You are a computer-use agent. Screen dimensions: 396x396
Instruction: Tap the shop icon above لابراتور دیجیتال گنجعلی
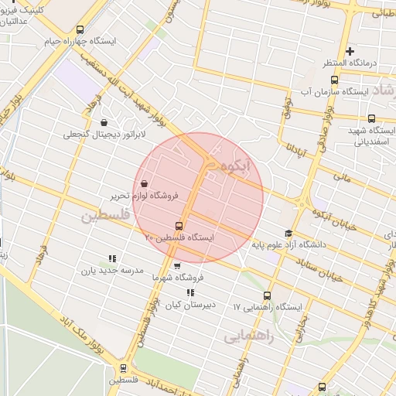(104, 122)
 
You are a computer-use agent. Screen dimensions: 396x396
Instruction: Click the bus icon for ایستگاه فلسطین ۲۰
(179, 227)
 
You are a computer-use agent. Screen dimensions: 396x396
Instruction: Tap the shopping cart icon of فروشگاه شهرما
(178, 265)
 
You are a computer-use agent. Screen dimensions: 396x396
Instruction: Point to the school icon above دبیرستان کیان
(190, 292)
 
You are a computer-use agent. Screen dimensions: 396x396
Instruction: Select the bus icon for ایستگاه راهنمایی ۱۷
(268, 295)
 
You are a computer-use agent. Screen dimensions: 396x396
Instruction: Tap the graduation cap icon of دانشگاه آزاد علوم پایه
(288, 234)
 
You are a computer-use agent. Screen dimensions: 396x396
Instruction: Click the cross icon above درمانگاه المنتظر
(350, 52)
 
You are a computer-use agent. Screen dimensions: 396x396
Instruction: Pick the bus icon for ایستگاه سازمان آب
(333, 79)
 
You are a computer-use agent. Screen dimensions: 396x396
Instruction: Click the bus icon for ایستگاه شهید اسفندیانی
(372, 118)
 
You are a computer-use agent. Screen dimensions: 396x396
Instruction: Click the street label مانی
(342, 177)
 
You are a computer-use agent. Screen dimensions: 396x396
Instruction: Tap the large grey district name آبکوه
(236, 167)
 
